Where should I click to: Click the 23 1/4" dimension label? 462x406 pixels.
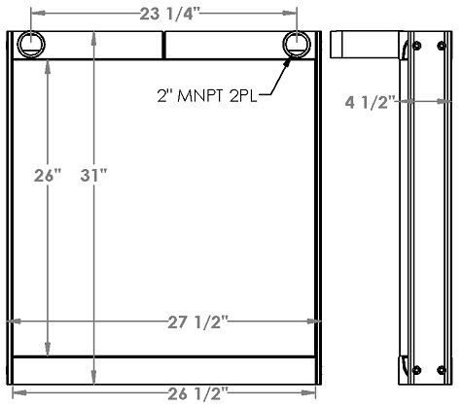[x=164, y=13]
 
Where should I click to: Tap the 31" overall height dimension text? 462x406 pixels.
[x=93, y=175]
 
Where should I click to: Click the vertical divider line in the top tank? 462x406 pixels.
[x=162, y=45]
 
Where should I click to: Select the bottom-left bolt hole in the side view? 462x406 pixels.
[x=416, y=369]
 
